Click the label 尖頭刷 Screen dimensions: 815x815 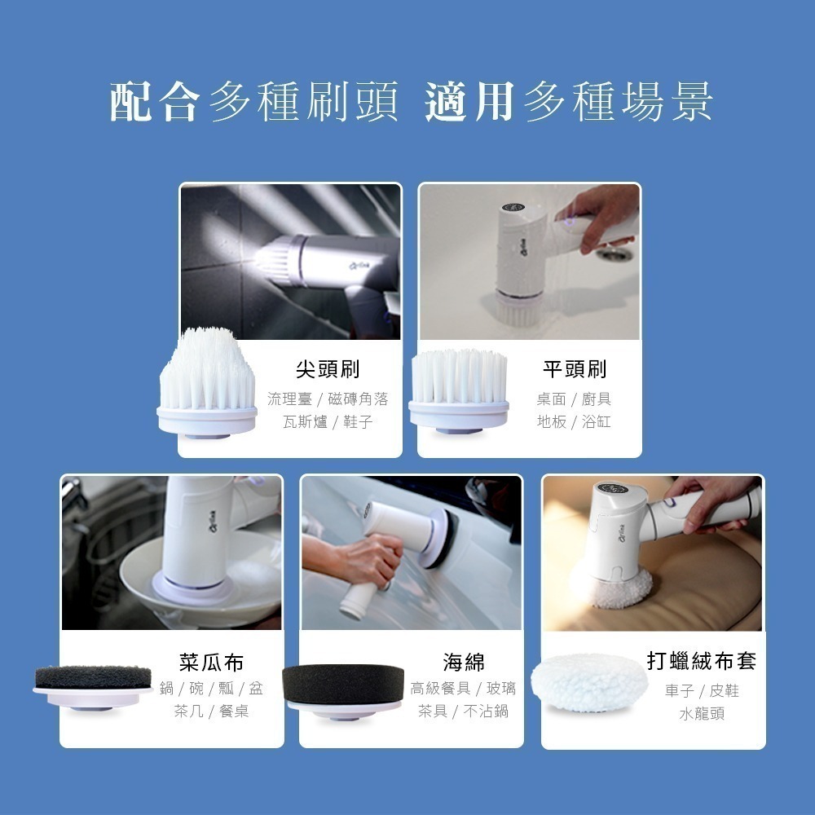[328, 369]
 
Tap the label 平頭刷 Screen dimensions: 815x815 [575, 369]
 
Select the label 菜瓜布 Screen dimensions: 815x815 [211, 662]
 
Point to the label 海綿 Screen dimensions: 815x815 [463, 662]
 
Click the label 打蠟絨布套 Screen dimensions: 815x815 [701, 661]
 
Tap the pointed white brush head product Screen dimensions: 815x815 [207, 383]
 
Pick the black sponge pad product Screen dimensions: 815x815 [342, 682]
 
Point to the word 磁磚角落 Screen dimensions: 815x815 [358, 399]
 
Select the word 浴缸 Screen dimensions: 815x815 [597, 422]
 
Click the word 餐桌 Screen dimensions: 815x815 [232, 711]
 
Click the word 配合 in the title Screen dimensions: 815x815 [154, 103]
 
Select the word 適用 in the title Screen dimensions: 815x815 [469, 103]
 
